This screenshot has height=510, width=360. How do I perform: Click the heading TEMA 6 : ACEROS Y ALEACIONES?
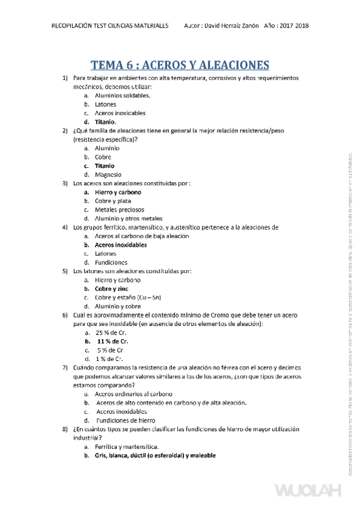coord(180,65)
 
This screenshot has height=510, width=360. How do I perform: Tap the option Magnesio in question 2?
coord(108,174)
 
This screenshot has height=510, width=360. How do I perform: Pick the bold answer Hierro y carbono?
coord(118,192)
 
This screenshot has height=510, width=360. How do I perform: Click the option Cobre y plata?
coord(113,201)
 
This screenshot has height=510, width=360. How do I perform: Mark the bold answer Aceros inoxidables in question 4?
coord(121,245)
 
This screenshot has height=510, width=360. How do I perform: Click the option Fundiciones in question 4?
coord(111,262)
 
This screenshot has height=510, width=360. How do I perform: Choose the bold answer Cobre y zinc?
coord(111,289)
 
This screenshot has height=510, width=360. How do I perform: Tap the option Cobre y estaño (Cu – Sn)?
coord(128,297)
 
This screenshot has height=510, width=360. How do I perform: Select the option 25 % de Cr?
coord(110,333)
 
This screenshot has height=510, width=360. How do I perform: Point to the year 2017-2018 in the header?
coord(296,27)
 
